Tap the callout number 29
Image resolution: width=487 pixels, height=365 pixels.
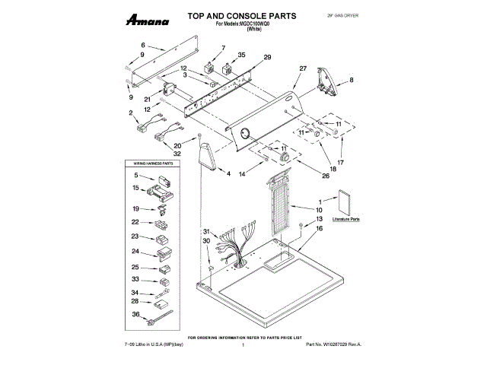[x=267, y=58]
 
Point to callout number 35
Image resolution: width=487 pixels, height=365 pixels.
[x=242, y=55]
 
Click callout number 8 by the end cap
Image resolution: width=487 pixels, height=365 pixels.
[x=351, y=80]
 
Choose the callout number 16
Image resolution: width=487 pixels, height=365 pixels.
[x=320, y=228]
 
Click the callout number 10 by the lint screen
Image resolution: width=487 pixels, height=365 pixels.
[x=320, y=209]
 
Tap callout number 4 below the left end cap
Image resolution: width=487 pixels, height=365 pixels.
[x=228, y=174]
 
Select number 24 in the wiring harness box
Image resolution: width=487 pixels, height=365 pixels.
[x=135, y=252]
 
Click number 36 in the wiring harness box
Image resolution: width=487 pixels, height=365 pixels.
[x=135, y=314]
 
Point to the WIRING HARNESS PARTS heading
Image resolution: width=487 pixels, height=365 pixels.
[x=149, y=163]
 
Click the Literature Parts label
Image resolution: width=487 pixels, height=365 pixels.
[x=346, y=218]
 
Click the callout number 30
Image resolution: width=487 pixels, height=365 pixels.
[x=205, y=241]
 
